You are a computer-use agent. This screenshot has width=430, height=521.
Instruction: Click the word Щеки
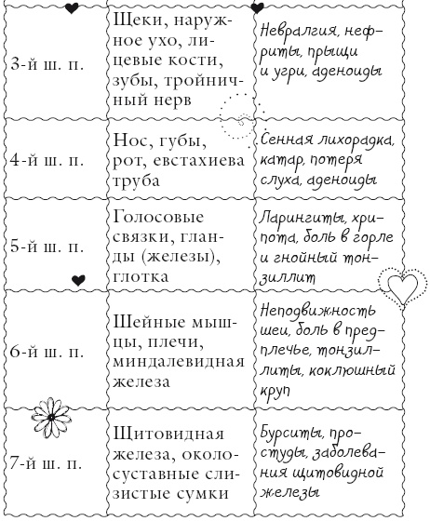click(x=136, y=20)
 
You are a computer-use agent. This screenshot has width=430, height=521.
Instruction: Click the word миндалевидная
click(x=169, y=362)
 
